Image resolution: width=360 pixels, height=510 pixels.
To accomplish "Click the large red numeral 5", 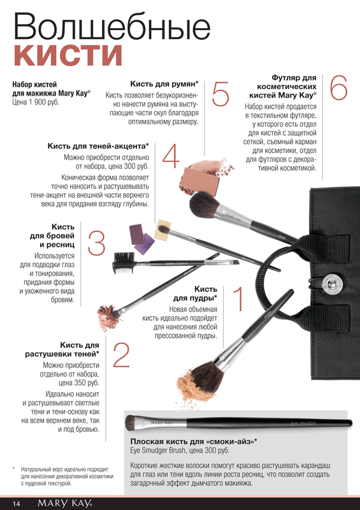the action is coord(220,94).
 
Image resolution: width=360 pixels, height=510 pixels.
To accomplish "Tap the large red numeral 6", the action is coord(338,87).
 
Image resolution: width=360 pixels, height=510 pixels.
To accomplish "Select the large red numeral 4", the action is coord(171,156).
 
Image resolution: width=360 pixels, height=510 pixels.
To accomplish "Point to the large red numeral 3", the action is coord(97,243).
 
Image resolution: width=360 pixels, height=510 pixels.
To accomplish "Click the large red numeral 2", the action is coord(121,356).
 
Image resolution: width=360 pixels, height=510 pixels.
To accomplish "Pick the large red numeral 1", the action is coord(239,298).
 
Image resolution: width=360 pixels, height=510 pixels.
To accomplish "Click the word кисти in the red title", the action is coord(68,55).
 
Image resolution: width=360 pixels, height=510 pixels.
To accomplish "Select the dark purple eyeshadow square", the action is coord(136,233).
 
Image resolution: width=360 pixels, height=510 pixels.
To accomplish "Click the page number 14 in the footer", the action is coord(17,504).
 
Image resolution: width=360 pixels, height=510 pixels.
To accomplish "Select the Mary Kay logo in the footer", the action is coord(65,504).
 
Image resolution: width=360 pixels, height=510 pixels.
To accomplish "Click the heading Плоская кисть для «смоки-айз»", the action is coord(194,441).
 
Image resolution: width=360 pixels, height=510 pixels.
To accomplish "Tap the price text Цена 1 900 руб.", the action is coord(36,102).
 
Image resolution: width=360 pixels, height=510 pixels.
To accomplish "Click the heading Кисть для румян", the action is coord(164,84).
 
